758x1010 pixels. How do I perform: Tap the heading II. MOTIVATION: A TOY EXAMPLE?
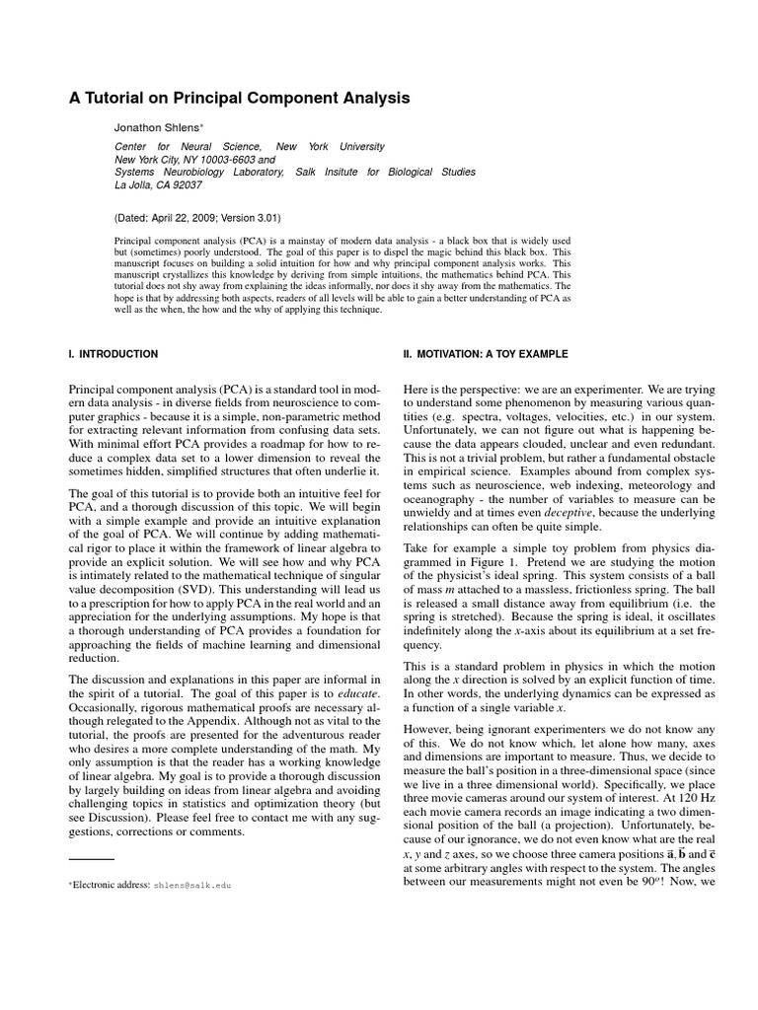[486, 353]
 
